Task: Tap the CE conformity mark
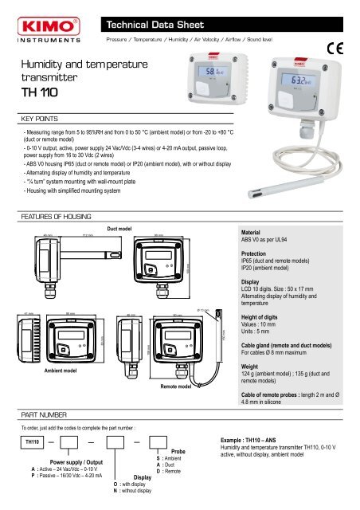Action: (342, 53)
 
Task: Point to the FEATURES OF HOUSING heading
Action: (50, 216)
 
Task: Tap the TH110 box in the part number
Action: (31, 441)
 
